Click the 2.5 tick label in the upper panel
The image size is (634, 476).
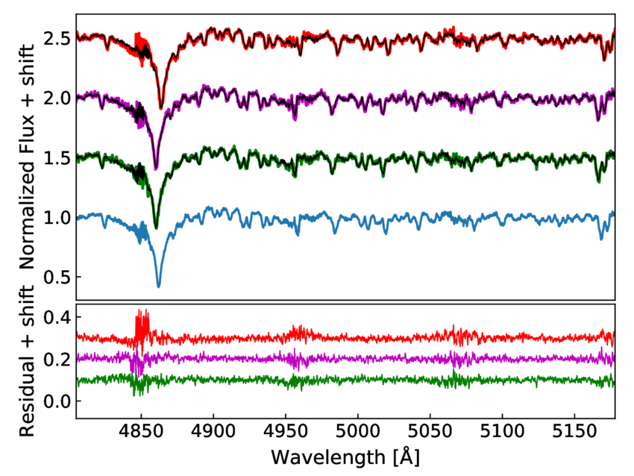(58, 38)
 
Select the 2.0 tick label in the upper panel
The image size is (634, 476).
(58, 98)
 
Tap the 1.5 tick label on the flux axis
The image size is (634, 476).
(58, 157)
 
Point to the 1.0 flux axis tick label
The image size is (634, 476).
(58, 217)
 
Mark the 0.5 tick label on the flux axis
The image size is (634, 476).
(58, 277)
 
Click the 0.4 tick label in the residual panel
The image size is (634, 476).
(58, 317)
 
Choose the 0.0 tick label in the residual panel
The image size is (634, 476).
(58, 401)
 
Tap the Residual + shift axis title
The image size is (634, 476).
(28, 360)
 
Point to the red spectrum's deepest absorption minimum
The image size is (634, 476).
(160, 109)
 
